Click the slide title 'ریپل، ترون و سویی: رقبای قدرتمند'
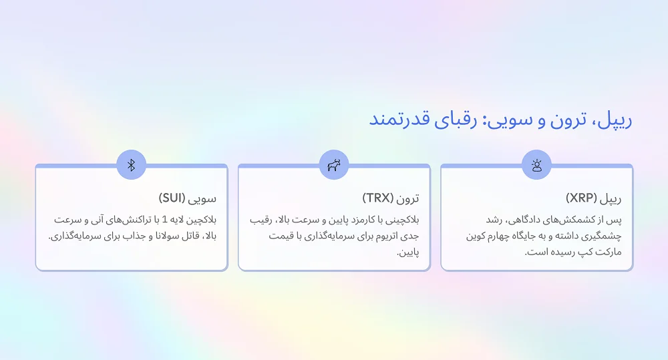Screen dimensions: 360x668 pyautogui.click(x=500, y=120)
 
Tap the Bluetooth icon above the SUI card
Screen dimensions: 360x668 pyautogui.click(x=131, y=165)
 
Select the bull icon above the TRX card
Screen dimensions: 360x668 pyautogui.click(x=333, y=165)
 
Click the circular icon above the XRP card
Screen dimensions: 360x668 pyautogui.click(x=536, y=165)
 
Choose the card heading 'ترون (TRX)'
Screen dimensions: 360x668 pyautogui.click(x=391, y=198)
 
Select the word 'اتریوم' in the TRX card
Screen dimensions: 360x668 pyautogui.click(x=363, y=236)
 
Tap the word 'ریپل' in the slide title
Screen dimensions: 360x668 pyautogui.click(x=615, y=120)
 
